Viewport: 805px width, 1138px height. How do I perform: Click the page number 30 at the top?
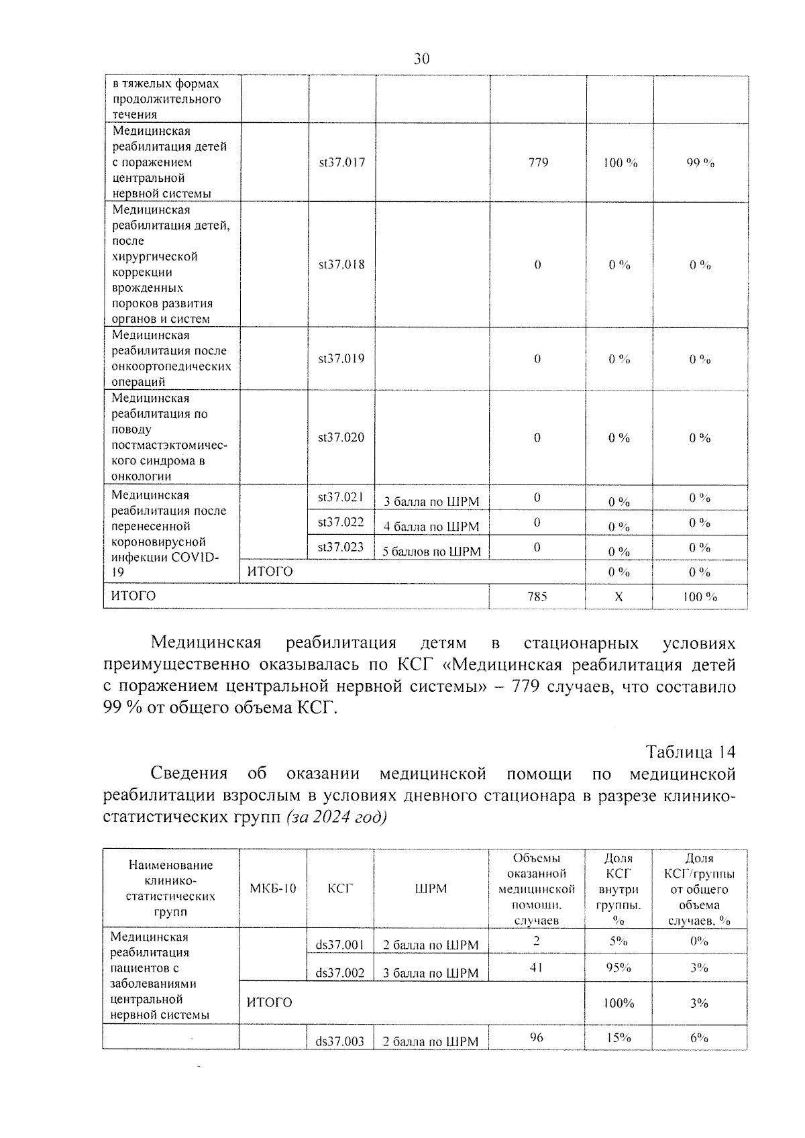click(421, 59)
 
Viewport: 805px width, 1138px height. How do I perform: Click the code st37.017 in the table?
click(341, 162)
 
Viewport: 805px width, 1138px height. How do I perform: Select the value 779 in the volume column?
click(538, 162)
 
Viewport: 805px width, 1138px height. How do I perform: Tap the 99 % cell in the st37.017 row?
click(700, 163)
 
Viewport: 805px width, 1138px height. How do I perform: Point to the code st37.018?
click(341, 264)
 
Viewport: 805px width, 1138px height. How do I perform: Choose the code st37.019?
click(341, 358)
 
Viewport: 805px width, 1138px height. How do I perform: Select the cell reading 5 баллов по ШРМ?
click(431, 552)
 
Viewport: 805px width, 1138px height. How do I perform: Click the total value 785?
click(537, 596)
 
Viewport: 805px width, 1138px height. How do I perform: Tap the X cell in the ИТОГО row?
click(619, 597)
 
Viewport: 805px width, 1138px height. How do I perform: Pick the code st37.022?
click(341, 522)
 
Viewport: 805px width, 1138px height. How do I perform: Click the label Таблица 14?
click(690, 751)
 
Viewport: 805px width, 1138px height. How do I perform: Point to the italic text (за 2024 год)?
click(336, 818)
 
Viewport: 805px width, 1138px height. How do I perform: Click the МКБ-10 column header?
click(272, 888)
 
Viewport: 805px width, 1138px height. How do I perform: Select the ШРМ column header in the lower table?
click(431, 888)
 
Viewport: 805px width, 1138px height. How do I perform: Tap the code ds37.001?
click(340, 945)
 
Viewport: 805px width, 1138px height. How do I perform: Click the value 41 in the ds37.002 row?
click(536, 968)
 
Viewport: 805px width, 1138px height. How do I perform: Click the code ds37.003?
click(340, 1041)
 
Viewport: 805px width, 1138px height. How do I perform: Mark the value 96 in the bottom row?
click(536, 1037)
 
